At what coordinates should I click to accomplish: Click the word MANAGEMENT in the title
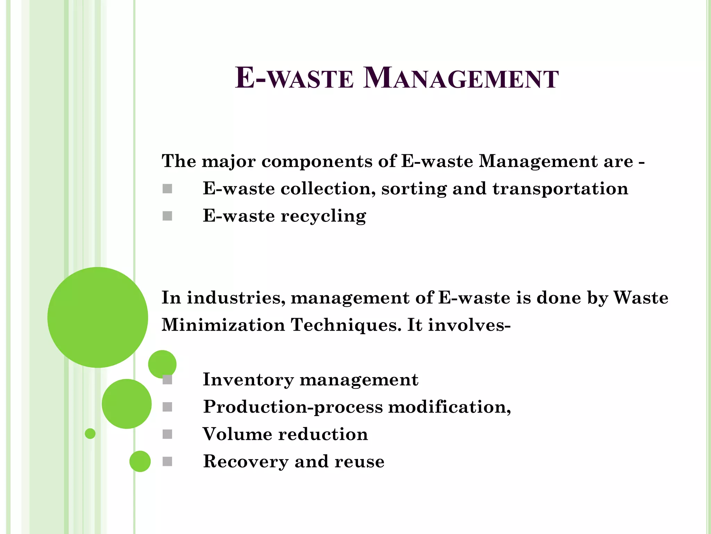tap(461, 79)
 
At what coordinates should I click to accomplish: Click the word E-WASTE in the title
tap(294, 79)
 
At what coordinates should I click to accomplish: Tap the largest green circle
tap(98, 317)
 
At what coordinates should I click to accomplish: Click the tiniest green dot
tap(90, 434)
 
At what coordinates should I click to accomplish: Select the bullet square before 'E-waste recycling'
tap(167, 216)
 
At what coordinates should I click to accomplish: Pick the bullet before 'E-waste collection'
tap(167, 189)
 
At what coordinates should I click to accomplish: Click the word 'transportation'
tap(560, 189)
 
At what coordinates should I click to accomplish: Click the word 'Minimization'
tap(223, 325)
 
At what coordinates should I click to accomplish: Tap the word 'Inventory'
tap(248, 379)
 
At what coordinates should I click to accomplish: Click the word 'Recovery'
tap(246, 462)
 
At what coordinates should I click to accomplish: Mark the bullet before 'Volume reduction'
tap(167, 434)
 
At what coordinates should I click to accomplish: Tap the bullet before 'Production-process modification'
tap(167, 407)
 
